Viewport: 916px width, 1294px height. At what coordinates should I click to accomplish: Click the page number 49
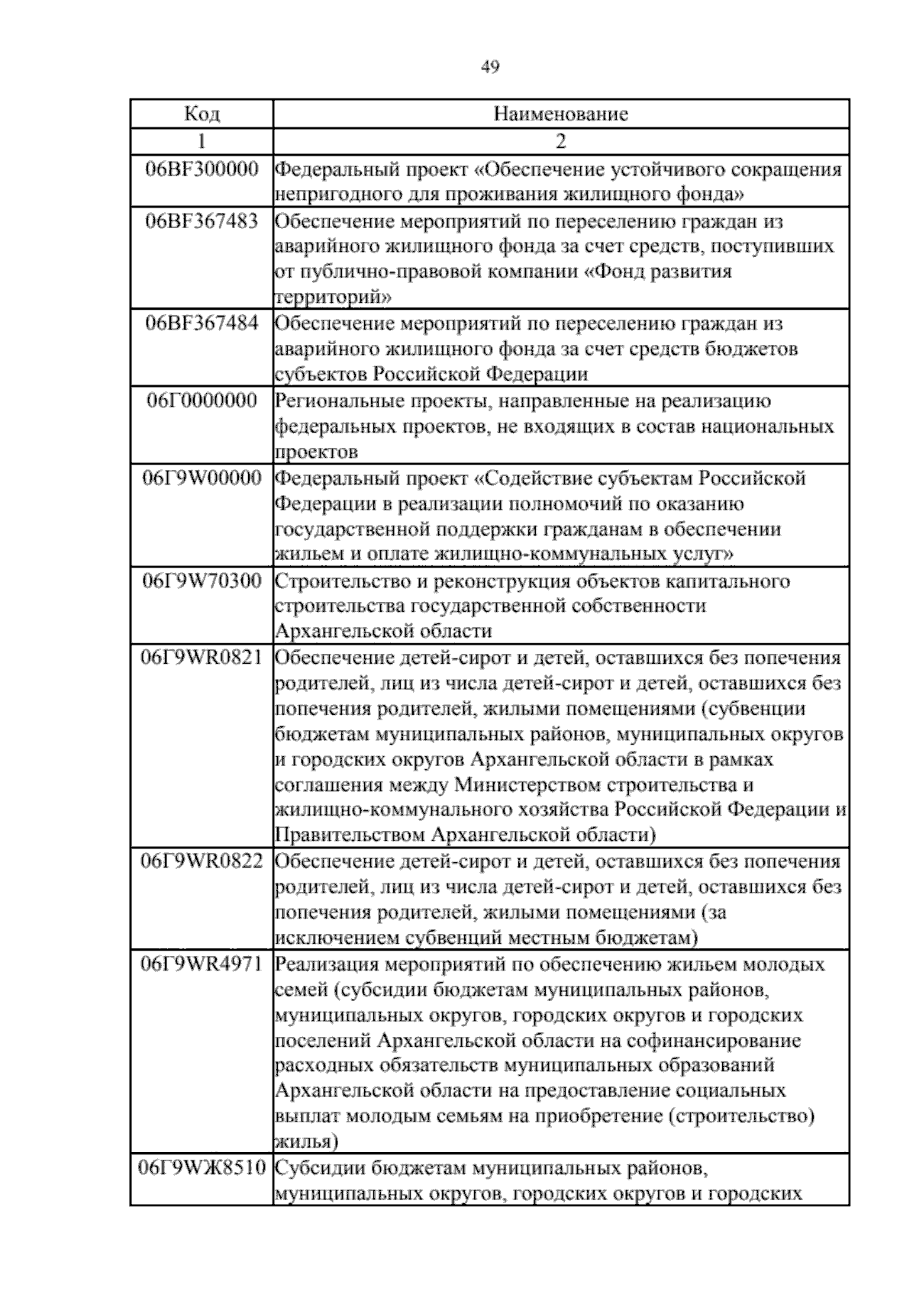(490, 68)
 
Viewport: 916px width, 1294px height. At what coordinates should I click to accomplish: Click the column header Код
(202, 114)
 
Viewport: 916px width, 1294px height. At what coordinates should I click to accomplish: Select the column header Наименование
(561, 114)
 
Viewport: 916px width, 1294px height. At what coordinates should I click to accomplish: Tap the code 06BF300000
(202, 169)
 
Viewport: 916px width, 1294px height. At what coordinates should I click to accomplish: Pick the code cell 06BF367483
(202, 221)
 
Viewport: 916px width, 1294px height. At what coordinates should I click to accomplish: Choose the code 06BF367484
(202, 323)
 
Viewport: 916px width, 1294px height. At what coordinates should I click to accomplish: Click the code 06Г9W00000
(202, 478)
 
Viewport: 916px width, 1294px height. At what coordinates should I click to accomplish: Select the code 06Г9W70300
(202, 581)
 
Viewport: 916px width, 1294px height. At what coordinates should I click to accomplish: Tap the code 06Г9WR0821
(202, 658)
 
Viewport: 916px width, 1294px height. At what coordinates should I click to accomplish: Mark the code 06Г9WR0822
(202, 861)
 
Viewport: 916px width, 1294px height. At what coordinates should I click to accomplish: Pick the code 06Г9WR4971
(202, 964)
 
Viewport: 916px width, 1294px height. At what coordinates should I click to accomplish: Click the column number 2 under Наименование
(561, 141)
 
